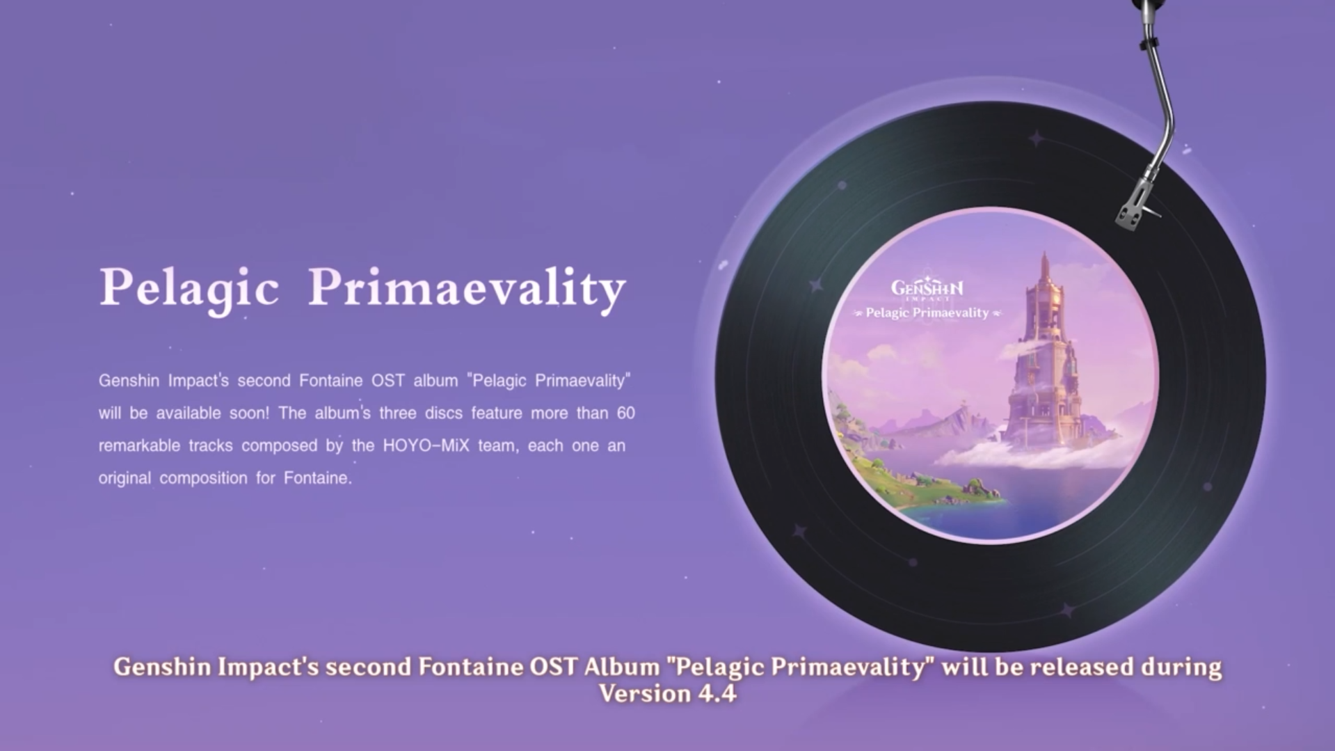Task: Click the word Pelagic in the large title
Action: point(189,288)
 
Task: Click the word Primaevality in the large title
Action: point(467,288)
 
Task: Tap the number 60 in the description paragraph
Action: point(625,413)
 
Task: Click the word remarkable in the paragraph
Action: point(139,445)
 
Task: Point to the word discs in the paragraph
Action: point(443,413)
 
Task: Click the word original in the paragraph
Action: point(125,478)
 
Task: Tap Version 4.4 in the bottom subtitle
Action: point(667,693)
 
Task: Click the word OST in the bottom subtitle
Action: point(553,667)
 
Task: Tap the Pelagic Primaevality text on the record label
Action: point(927,313)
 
